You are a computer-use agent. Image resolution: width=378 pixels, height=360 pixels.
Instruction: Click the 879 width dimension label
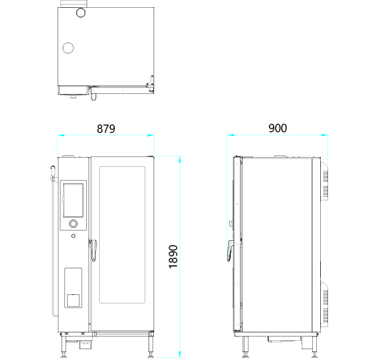click(106, 129)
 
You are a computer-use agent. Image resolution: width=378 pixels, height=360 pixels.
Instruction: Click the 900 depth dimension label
click(277, 128)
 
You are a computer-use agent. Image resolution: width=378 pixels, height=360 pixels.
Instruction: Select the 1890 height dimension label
click(173, 257)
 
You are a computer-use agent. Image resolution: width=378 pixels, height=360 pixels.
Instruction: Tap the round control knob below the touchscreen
click(73, 223)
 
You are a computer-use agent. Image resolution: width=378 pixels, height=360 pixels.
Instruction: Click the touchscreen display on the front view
click(73, 200)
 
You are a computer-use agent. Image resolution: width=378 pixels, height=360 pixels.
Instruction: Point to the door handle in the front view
click(93, 250)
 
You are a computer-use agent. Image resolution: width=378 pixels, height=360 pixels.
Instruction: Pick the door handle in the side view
click(231, 251)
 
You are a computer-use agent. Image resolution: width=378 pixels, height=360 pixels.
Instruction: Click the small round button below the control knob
click(73, 236)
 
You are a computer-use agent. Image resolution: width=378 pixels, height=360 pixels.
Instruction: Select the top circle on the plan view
click(81, 12)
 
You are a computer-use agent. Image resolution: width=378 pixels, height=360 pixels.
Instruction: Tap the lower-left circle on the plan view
click(68, 48)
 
